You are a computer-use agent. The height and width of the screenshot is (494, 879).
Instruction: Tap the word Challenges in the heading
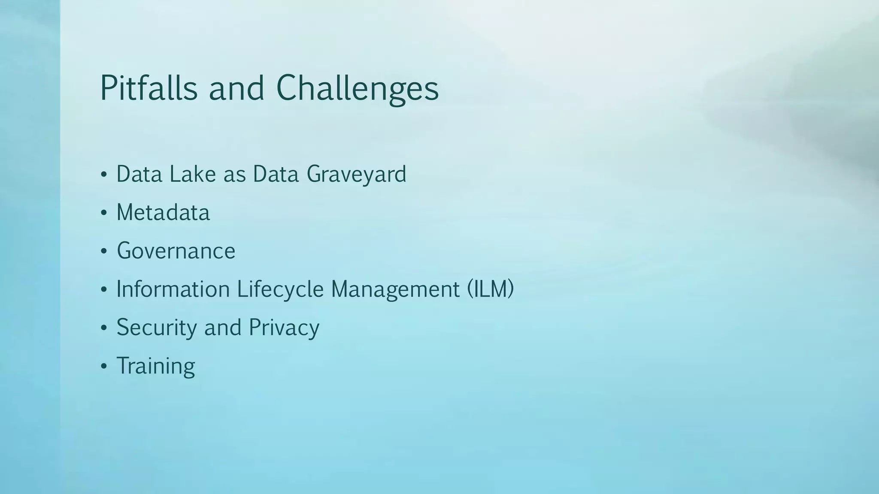coord(357,89)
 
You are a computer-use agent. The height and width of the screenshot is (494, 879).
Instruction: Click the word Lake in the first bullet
coord(192,174)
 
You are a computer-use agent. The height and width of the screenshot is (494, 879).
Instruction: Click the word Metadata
coord(163,212)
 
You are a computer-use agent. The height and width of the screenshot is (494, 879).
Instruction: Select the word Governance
coord(176,251)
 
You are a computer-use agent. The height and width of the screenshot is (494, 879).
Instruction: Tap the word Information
coord(173,289)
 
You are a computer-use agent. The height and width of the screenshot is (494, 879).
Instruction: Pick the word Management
coord(395,289)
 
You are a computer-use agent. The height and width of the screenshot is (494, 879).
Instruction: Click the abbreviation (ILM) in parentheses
coord(490,289)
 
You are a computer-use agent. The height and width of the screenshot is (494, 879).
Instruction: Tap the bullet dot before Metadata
coord(103,213)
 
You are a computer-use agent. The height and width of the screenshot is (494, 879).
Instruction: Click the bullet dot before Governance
coord(103,251)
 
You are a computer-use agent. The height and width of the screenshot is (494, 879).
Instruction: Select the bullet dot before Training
coord(103,367)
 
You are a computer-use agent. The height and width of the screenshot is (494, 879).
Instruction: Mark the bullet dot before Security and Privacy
coord(103,328)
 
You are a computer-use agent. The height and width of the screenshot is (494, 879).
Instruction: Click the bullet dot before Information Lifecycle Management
coord(103,290)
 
